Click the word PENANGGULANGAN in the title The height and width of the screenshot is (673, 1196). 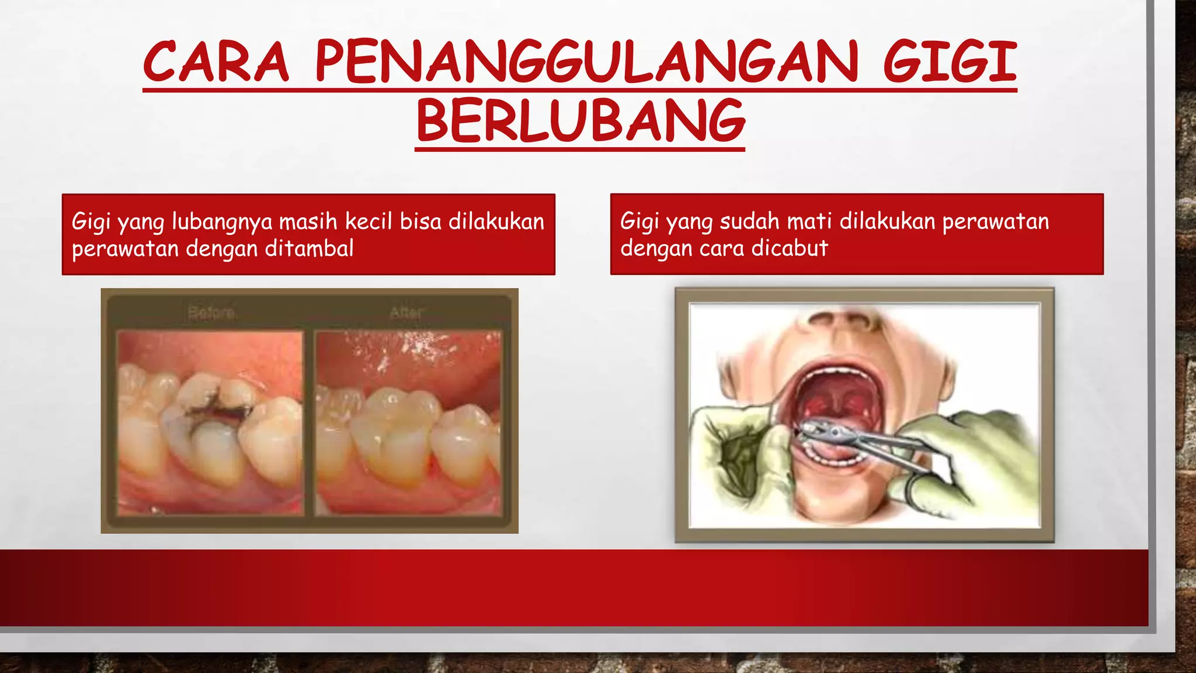586,62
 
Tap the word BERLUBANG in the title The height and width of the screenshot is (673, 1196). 580,122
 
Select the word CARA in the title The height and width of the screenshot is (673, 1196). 216,62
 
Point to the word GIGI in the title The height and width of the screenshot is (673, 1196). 950,62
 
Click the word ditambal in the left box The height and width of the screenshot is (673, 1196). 310,249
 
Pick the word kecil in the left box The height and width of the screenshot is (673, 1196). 368,221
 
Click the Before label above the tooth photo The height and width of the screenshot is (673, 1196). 211,313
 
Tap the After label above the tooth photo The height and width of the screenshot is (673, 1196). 406,313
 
